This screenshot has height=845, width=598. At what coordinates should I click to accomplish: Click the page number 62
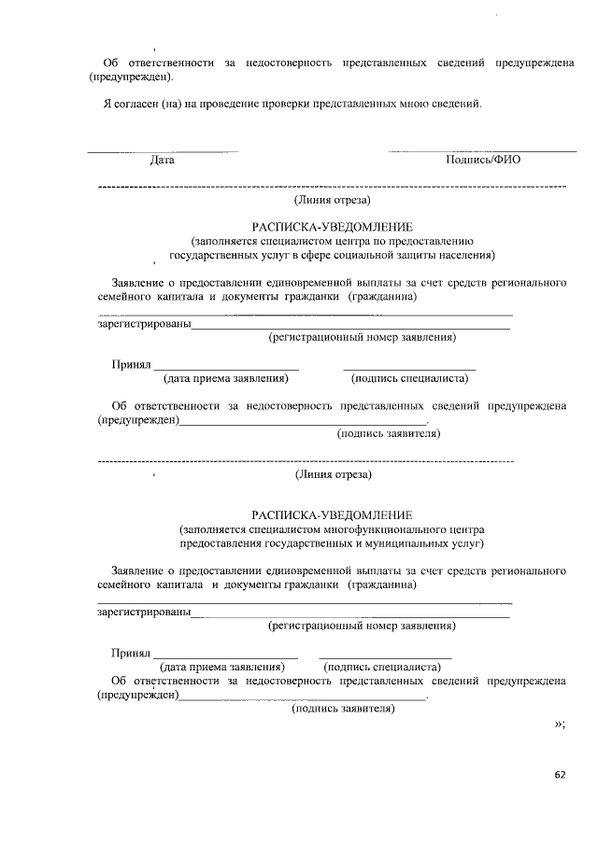pos(561,774)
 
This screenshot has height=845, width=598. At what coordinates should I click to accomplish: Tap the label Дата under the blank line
pos(163,160)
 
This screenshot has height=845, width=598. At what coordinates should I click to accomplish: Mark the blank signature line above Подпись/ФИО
pos(482,150)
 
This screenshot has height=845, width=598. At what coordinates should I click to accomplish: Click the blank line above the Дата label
pos(163,150)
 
